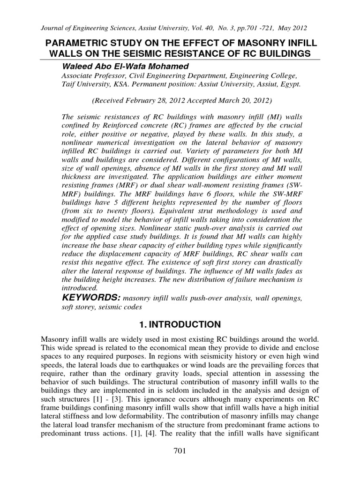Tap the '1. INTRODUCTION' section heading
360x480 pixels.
tap(180, 324)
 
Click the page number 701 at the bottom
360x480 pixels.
tap(180, 464)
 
